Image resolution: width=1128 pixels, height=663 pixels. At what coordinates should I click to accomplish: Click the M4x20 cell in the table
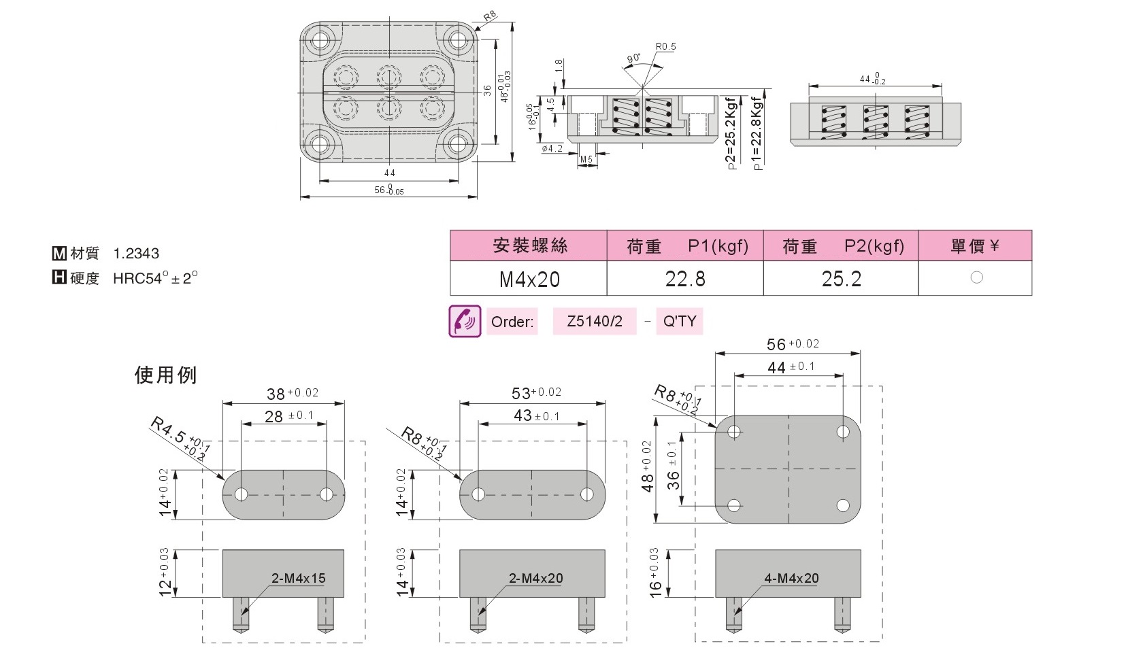[529, 279]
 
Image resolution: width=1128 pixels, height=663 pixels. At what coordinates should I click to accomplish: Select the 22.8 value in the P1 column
[685, 279]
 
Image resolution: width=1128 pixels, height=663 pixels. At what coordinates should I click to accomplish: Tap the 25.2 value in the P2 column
[841, 279]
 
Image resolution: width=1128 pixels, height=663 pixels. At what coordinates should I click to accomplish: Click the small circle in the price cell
[976, 277]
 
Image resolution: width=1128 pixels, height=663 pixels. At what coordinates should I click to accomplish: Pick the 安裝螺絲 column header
[530, 245]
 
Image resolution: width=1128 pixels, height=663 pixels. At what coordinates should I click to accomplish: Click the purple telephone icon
[465, 321]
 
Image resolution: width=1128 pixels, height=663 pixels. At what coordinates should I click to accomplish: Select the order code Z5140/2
[595, 321]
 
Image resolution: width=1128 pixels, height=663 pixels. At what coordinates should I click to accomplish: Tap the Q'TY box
[680, 321]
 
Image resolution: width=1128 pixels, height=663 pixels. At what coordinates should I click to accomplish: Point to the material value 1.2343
[136, 253]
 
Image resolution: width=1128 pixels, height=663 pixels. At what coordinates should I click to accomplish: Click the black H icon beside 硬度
[59, 277]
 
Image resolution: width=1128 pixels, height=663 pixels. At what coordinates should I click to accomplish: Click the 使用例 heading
[165, 375]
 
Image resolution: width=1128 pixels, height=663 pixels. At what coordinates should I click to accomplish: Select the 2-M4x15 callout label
[298, 579]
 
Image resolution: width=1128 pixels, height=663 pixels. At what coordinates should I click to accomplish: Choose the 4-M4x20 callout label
[791, 579]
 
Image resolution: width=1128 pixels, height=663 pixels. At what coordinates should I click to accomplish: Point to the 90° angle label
[634, 58]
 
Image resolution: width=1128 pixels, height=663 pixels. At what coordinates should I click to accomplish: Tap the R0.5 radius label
[666, 47]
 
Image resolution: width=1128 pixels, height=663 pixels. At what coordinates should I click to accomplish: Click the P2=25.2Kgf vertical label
[731, 133]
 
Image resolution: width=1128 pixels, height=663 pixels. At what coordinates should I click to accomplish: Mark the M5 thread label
[586, 160]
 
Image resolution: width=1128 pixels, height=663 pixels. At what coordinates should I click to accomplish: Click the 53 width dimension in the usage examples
[520, 393]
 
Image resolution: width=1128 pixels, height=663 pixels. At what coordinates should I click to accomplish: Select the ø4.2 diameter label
[552, 148]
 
